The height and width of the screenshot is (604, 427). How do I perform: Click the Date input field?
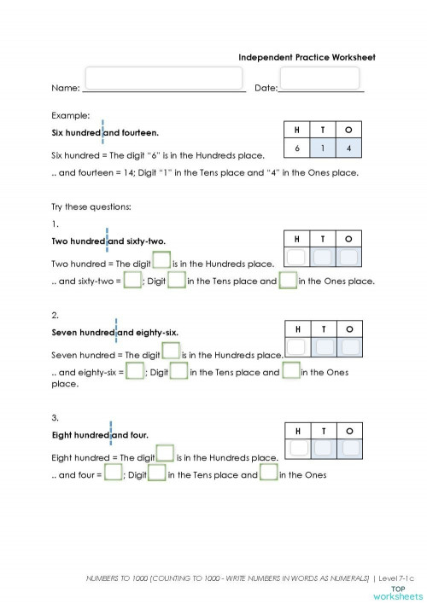click(x=307, y=78)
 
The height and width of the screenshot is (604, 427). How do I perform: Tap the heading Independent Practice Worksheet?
click(x=307, y=57)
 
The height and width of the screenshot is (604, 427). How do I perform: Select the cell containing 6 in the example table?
click(x=296, y=148)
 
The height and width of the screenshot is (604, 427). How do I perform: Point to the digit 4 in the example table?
click(x=348, y=148)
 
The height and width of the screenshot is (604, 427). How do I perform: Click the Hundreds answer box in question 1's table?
click(x=296, y=256)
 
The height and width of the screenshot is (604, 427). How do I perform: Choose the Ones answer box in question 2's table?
click(x=348, y=346)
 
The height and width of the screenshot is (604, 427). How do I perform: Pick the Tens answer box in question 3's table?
click(x=323, y=448)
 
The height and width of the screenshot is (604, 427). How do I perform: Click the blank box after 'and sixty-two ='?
click(x=132, y=280)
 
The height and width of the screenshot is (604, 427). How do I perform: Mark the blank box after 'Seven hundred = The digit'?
click(x=170, y=351)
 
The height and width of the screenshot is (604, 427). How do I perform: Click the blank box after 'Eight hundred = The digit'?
click(x=165, y=454)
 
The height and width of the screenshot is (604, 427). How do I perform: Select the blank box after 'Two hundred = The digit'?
click(x=161, y=260)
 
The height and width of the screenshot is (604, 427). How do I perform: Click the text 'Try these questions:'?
click(x=91, y=206)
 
